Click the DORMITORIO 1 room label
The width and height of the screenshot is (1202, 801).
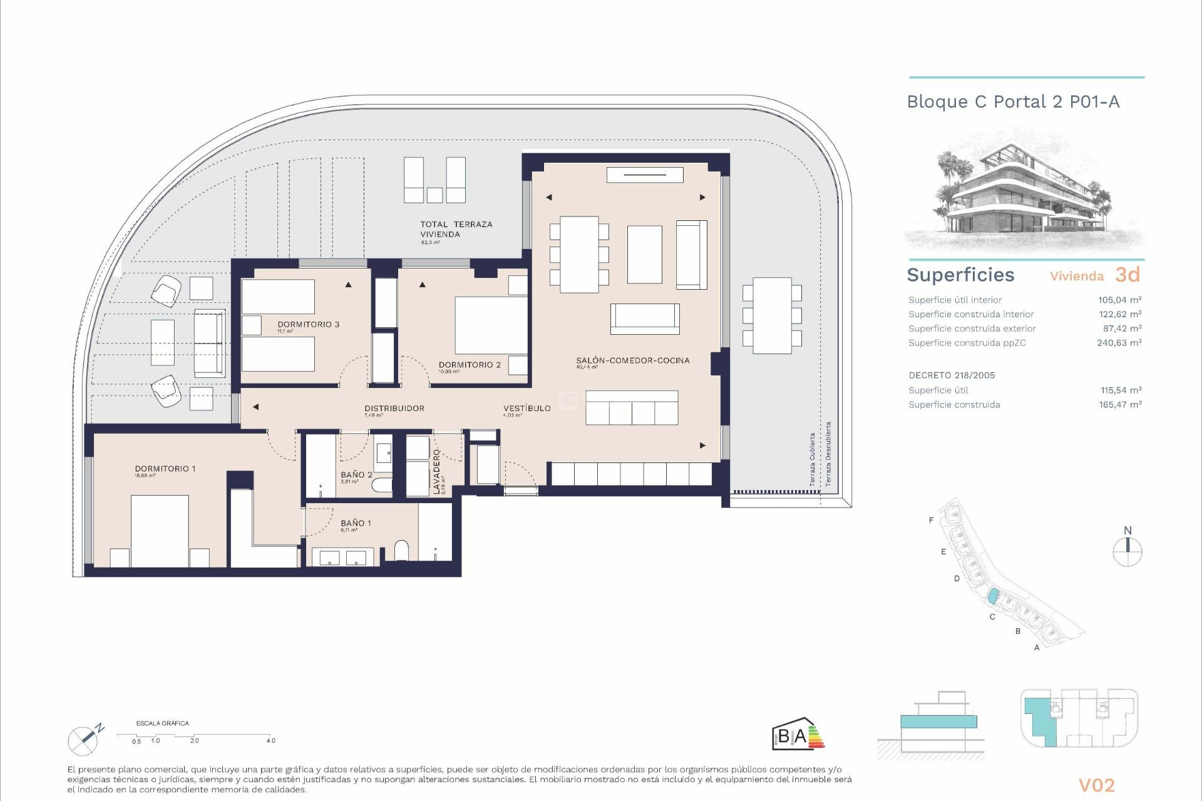pos(165,469)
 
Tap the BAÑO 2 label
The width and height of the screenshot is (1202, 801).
pos(356,475)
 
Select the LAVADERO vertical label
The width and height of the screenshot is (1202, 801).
pos(437,472)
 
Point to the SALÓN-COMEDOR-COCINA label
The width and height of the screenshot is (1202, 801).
pos(632,360)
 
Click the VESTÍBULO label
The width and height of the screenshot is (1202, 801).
pos(527,408)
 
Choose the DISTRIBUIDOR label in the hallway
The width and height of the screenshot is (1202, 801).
pos(394,408)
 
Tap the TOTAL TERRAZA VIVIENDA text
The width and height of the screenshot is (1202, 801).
pos(456,229)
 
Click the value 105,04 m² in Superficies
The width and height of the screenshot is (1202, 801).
pos(1119,300)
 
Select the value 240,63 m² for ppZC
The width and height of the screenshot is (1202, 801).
pos(1119,343)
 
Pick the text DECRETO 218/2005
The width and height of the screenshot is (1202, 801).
pos(952,375)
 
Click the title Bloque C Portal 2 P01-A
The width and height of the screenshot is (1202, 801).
pos(1013,102)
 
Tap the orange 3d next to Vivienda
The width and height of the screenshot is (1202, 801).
pos(1128,275)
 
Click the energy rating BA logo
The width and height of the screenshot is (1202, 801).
pos(798,733)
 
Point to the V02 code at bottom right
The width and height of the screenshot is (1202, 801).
pos(1096,785)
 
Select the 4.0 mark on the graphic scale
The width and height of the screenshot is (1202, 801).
pos(270,740)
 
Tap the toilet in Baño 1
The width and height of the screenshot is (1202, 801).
pos(401,551)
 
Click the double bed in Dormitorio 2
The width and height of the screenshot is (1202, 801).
pos(491,325)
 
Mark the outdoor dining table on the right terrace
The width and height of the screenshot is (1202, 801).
pos(772,315)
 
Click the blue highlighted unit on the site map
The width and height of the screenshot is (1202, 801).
pos(992,596)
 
